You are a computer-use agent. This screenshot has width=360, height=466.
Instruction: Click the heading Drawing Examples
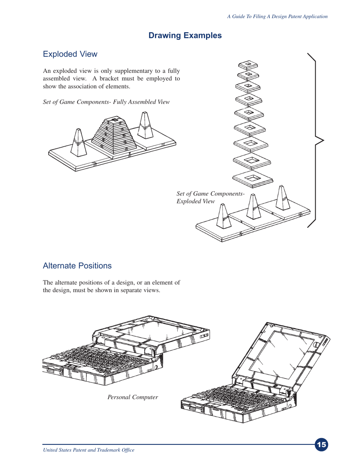[x=185, y=36]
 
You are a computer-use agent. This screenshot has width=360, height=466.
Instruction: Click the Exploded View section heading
[x=70, y=54]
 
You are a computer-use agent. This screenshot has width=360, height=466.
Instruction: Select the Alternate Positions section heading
[x=77, y=266]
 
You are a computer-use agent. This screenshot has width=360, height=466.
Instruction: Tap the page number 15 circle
[x=321, y=445]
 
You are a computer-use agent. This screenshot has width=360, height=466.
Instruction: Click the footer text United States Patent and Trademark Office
[x=89, y=450]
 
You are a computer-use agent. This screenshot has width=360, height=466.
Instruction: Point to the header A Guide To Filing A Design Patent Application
[x=277, y=16]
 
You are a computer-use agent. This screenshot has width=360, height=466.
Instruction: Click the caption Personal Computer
[x=133, y=397]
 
